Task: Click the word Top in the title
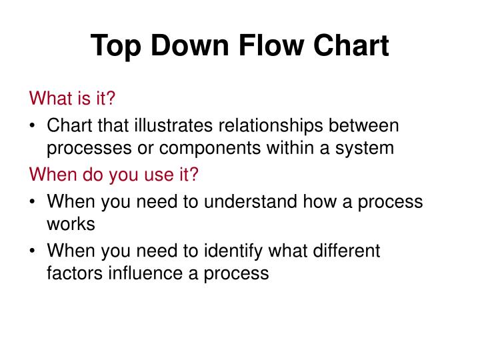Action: pos(114,46)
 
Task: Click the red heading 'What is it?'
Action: pos(73,99)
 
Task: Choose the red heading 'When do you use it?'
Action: pos(114,175)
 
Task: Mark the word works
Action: pos(71,224)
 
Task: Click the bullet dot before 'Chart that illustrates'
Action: pos(33,125)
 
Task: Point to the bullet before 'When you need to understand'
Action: pos(33,201)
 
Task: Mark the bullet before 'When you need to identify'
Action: pos(33,251)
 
